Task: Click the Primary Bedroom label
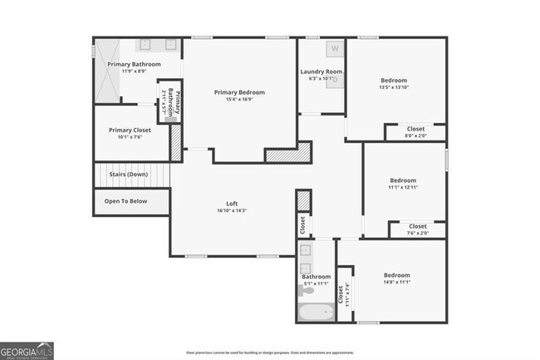pyautogui.click(x=239, y=92)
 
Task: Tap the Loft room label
pyautogui.click(x=232, y=204)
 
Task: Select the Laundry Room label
pyautogui.click(x=321, y=72)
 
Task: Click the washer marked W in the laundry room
pyautogui.click(x=333, y=48)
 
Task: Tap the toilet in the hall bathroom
pyautogui.click(x=304, y=290)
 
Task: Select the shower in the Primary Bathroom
pyautogui.click(x=107, y=70)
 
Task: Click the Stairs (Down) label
pyautogui.click(x=126, y=175)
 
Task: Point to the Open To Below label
pyautogui.click(x=125, y=201)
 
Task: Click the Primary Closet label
pyautogui.click(x=130, y=131)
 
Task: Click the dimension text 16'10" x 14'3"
pyautogui.click(x=232, y=211)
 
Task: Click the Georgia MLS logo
pyautogui.click(x=27, y=349)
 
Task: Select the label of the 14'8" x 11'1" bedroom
pyautogui.click(x=396, y=275)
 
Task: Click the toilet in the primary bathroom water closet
pyautogui.click(x=171, y=117)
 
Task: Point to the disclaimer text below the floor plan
pyautogui.click(x=269, y=353)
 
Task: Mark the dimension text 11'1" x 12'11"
pyautogui.click(x=403, y=188)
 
